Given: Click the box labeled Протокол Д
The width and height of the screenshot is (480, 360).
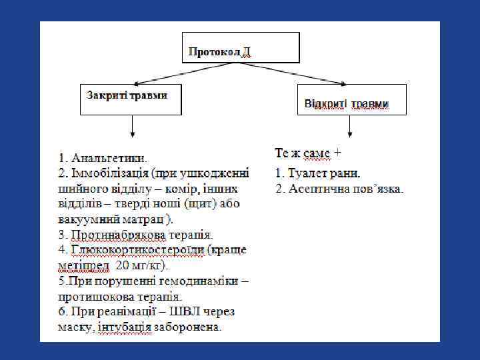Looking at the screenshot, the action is point(241,48).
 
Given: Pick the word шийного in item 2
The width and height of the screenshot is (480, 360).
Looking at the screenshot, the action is point(80,189).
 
